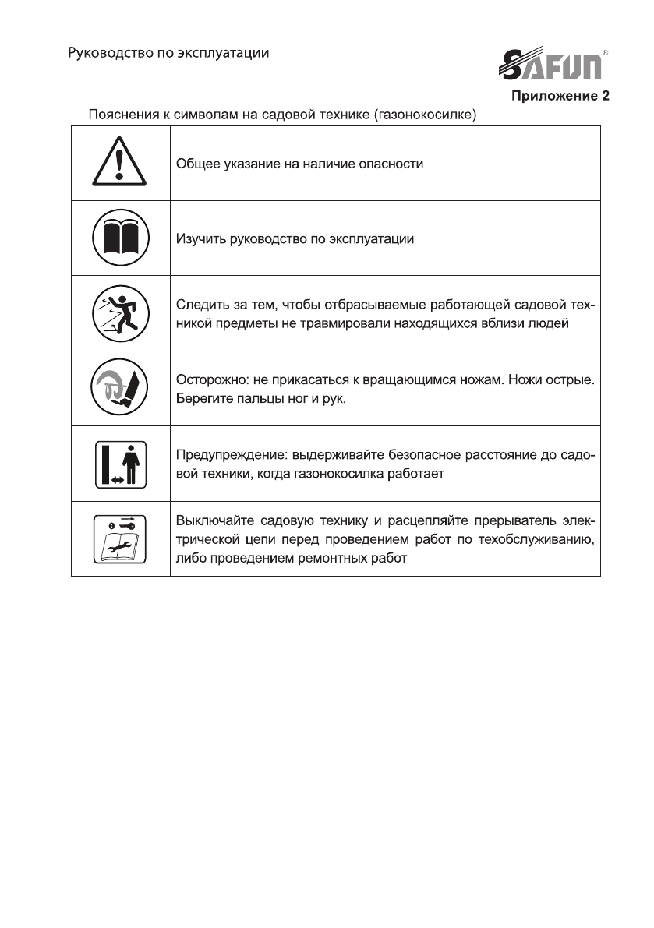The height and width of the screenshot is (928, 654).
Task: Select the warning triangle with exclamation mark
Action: (120, 164)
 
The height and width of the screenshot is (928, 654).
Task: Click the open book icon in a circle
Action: (120, 238)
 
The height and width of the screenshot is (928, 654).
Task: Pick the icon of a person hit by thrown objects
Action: (120, 312)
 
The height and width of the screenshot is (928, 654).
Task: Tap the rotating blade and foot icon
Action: (120, 387)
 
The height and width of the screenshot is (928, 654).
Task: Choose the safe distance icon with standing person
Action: (120, 463)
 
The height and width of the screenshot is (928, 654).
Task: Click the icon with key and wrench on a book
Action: (120, 538)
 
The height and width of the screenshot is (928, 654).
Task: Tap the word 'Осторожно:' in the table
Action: (209, 381)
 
